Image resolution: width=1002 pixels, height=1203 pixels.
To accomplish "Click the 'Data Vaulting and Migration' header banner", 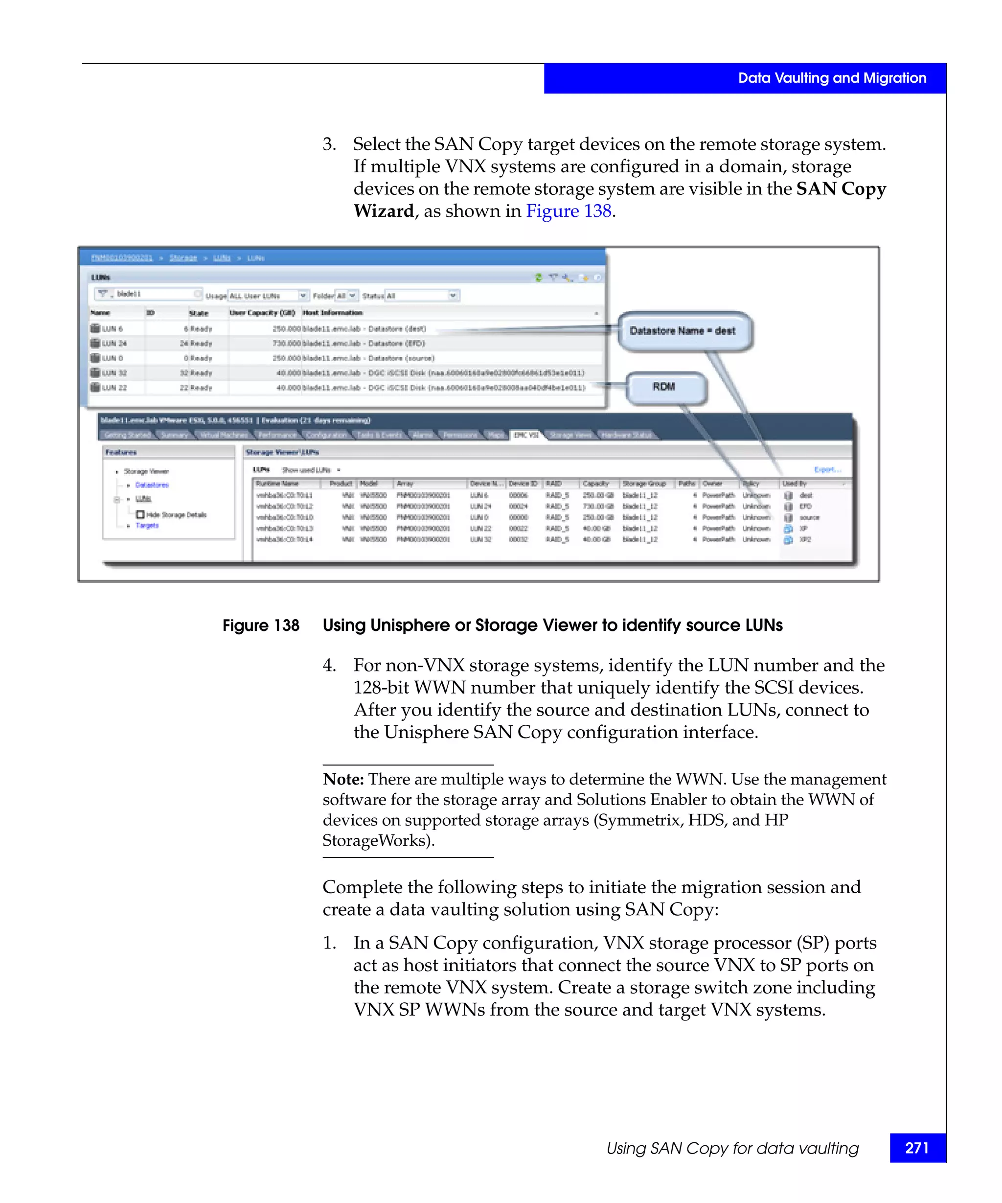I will point(831,78).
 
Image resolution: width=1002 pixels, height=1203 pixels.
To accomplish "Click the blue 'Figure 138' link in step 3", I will point(568,211).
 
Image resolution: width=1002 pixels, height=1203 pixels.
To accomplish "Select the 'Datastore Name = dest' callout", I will point(683,330).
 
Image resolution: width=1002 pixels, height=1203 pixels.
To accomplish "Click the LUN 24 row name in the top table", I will point(114,343).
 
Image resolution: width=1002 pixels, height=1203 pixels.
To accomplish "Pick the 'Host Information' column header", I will point(333,313).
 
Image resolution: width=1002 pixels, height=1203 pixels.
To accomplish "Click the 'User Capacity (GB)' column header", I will point(262,313).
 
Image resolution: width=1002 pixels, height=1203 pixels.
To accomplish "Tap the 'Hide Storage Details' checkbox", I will point(140,514).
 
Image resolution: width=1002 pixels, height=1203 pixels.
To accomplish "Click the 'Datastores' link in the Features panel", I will point(152,485).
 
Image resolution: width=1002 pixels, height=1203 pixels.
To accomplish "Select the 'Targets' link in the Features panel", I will point(147,525).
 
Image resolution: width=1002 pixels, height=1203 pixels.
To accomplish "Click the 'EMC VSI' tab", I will point(525,435).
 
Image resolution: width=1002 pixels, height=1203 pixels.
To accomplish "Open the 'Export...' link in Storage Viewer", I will point(827,469).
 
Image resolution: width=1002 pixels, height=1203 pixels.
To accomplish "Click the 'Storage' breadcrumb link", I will point(183,258).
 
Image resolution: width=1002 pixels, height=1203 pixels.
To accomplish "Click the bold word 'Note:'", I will point(343,779).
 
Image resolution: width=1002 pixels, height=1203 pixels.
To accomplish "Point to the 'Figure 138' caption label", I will point(260,625).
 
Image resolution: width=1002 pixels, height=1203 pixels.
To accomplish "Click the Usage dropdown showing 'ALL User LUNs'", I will point(268,296).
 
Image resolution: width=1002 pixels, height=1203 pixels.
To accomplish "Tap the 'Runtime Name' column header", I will point(278,484).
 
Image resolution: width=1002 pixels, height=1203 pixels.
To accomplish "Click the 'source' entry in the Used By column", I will point(809,517).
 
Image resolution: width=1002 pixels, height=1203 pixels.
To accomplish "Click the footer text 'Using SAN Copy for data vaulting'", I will point(732,1148).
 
